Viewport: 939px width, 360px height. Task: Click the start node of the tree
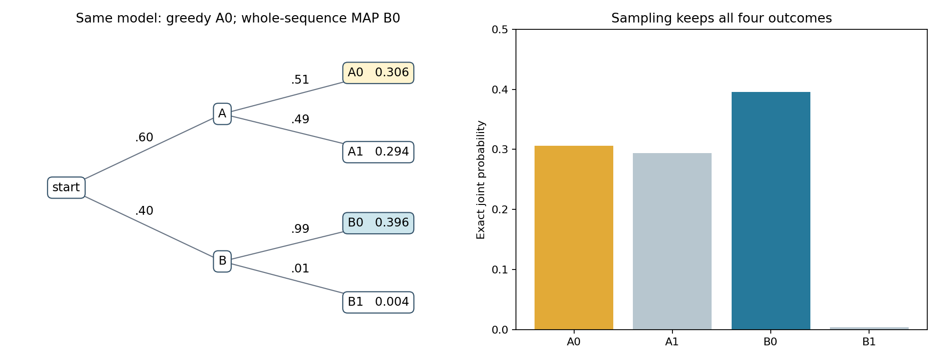pyautogui.click(x=66, y=188)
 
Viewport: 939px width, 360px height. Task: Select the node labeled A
pyautogui.click(x=222, y=114)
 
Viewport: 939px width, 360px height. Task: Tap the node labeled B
pyautogui.click(x=222, y=261)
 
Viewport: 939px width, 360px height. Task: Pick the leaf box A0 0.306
pyautogui.click(x=378, y=73)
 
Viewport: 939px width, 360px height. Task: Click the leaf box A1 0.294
pyautogui.click(x=378, y=152)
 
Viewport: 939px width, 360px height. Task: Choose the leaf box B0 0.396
pyautogui.click(x=378, y=223)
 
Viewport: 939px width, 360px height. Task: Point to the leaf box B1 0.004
pyautogui.click(x=378, y=302)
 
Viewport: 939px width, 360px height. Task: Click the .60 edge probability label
pyautogui.click(x=144, y=138)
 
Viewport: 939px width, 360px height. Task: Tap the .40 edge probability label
pyautogui.click(x=144, y=211)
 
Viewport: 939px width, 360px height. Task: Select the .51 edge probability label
pyautogui.click(x=300, y=80)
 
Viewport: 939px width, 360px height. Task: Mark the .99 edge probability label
pyautogui.click(x=300, y=229)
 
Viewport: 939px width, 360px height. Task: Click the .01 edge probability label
pyautogui.click(x=300, y=269)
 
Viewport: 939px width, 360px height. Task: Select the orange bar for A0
pyautogui.click(x=574, y=238)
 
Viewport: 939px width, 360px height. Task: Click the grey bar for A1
pyautogui.click(x=672, y=241)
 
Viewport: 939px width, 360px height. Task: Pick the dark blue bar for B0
pyautogui.click(x=771, y=211)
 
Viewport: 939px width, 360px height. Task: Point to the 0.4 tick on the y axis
pyautogui.click(x=500, y=90)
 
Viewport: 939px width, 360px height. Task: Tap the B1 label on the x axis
pyautogui.click(x=869, y=342)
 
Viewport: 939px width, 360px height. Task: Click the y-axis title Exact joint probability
pyautogui.click(x=481, y=180)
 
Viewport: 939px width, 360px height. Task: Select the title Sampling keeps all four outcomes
pyautogui.click(x=721, y=19)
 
